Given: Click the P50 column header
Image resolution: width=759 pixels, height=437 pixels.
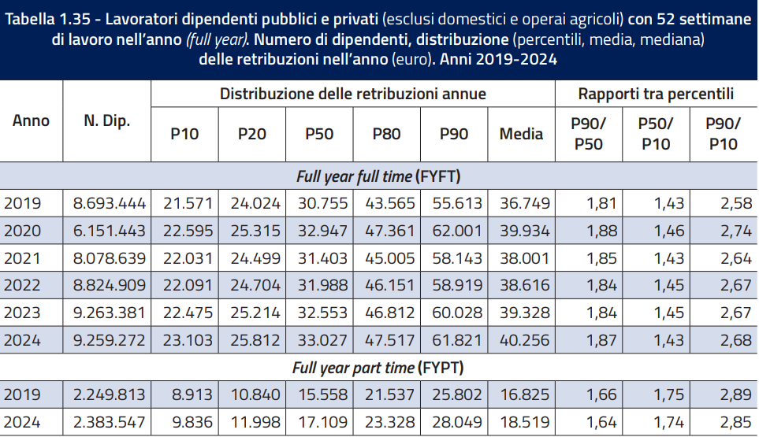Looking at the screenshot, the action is [319, 134].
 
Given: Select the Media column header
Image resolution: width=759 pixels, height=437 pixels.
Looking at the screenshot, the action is [521, 134].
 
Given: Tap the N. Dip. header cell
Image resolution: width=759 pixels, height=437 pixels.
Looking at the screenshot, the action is [107, 120].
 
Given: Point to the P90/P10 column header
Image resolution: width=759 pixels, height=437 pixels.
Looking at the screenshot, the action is [724, 134].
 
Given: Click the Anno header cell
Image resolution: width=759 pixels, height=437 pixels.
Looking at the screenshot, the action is [31, 120].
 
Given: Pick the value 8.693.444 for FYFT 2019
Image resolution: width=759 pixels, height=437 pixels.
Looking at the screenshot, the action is [110, 203].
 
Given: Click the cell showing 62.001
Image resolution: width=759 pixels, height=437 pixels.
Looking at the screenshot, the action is [457, 231].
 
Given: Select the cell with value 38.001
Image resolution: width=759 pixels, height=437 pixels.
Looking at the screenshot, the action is [525, 258].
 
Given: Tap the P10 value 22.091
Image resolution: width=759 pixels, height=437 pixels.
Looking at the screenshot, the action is [188, 285].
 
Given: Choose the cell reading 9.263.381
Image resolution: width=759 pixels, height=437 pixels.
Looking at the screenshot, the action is [110, 313].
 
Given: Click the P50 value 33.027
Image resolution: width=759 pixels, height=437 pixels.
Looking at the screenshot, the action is [322, 340].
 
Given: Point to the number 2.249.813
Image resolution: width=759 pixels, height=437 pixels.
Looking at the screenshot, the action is [110, 395].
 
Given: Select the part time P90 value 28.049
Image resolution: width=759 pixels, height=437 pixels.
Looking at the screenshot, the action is [457, 423].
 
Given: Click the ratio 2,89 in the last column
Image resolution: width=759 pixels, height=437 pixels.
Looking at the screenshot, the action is [736, 395].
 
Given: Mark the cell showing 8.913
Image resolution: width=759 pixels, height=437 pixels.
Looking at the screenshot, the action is [192, 395].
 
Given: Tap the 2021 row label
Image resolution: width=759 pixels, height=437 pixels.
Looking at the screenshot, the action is [22, 258].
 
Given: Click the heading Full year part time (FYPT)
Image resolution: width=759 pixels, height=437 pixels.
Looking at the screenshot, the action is [378, 368].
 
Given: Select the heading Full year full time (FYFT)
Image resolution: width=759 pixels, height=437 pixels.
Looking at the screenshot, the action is [378, 176].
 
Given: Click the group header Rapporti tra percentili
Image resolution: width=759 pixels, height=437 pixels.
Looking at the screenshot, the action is [656, 94].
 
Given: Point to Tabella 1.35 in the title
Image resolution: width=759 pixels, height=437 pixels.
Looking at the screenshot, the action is [47, 19].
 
